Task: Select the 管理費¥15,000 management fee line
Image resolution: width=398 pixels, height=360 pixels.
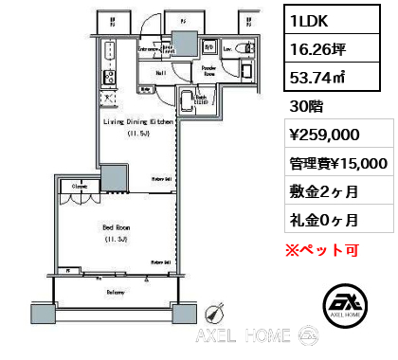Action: (x=338, y=165)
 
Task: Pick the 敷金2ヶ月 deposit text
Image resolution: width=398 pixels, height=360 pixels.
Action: (x=325, y=192)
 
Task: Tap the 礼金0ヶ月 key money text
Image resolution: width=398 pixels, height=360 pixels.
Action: (x=325, y=220)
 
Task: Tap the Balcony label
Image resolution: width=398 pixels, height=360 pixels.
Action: (x=118, y=292)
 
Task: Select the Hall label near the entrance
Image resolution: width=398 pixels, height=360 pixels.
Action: (x=161, y=71)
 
